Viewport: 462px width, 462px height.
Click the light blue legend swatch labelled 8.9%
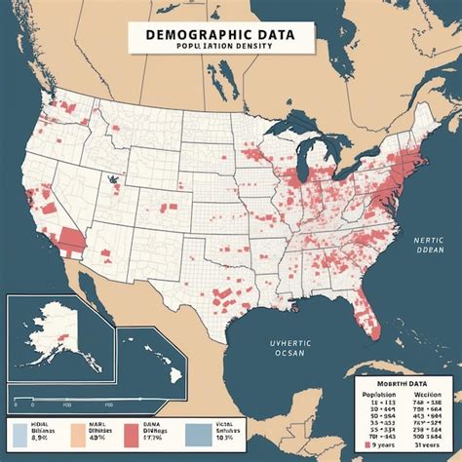coord(17,433)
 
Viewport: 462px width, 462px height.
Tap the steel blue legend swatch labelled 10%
coord(196,433)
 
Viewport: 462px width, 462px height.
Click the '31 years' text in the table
coord(426,445)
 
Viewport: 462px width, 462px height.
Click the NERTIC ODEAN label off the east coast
coord(428,245)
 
